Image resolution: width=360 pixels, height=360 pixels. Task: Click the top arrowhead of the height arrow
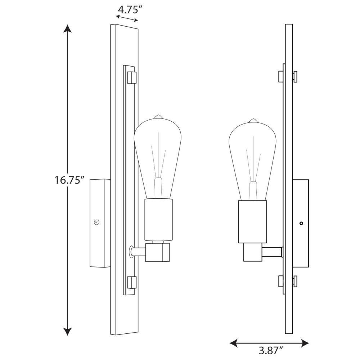pos(67,28)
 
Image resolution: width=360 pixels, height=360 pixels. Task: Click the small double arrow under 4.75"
pos(127,18)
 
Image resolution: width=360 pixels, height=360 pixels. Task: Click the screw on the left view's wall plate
pos(96,222)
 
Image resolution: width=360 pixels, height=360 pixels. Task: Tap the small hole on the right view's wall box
pos(301,223)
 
